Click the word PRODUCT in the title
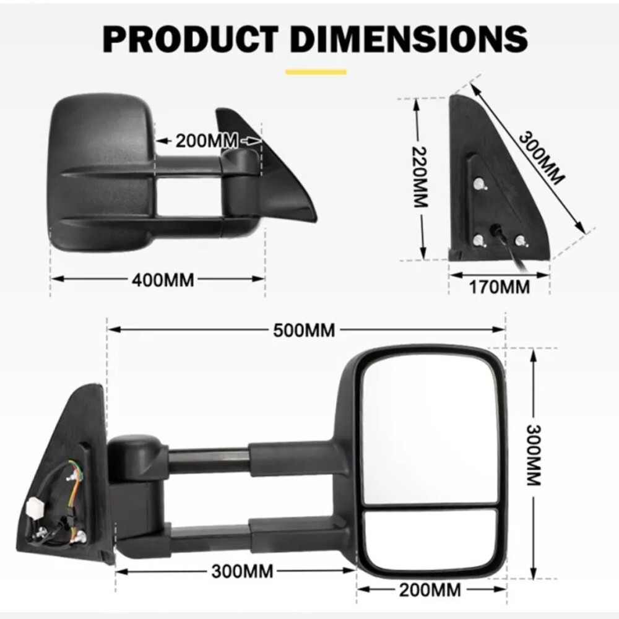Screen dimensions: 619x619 (190, 39)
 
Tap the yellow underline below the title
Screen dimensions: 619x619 (316, 72)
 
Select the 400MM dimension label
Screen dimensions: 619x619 (163, 280)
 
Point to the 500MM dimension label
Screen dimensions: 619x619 (304, 331)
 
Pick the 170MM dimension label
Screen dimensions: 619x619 (500, 287)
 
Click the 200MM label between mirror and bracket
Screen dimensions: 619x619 (207, 141)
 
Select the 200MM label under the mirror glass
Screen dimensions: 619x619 (430, 590)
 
